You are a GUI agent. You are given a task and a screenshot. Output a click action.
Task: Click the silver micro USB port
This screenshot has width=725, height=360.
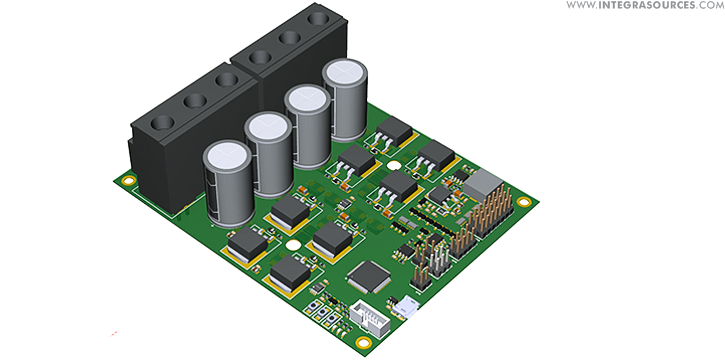click(407, 306)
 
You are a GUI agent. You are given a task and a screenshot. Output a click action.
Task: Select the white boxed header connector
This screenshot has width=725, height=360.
click(370, 317)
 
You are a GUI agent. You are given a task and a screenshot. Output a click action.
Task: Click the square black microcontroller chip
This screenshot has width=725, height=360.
click(369, 276)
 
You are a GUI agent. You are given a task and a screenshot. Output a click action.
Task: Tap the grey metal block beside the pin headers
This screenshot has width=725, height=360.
click(482, 183)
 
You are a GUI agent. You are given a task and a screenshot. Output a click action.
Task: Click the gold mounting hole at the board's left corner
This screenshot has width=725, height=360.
click(128, 180)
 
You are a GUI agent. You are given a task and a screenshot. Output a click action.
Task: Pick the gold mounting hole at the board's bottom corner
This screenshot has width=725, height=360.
click(364, 342)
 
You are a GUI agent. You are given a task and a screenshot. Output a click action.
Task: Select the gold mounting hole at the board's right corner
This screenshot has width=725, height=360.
click(523, 201)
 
